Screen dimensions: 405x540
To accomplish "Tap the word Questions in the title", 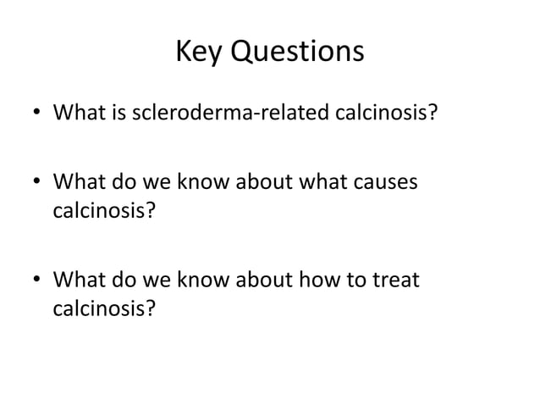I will click(x=297, y=54).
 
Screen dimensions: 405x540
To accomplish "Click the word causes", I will click(x=385, y=182).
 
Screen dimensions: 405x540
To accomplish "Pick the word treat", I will click(x=396, y=279).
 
